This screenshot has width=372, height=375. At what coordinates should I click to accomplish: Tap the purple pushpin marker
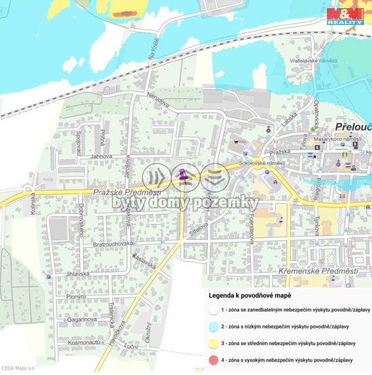[x=182, y=175]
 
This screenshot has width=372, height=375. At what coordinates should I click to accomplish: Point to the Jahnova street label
[x=101, y=156]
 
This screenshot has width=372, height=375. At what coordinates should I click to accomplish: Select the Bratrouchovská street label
[x=113, y=244]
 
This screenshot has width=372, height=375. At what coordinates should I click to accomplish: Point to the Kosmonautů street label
[x=84, y=343]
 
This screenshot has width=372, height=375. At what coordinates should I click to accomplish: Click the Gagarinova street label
[x=82, y=320]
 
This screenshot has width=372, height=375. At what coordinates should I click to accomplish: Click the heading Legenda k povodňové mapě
[x=249, y=295]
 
